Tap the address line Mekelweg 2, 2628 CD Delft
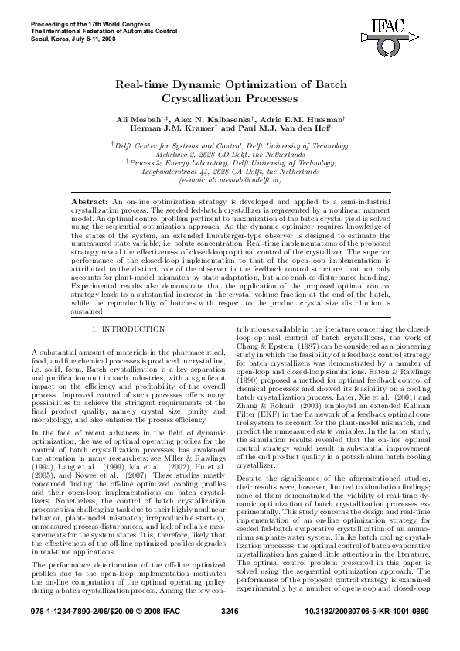click(x=230, y=154)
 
